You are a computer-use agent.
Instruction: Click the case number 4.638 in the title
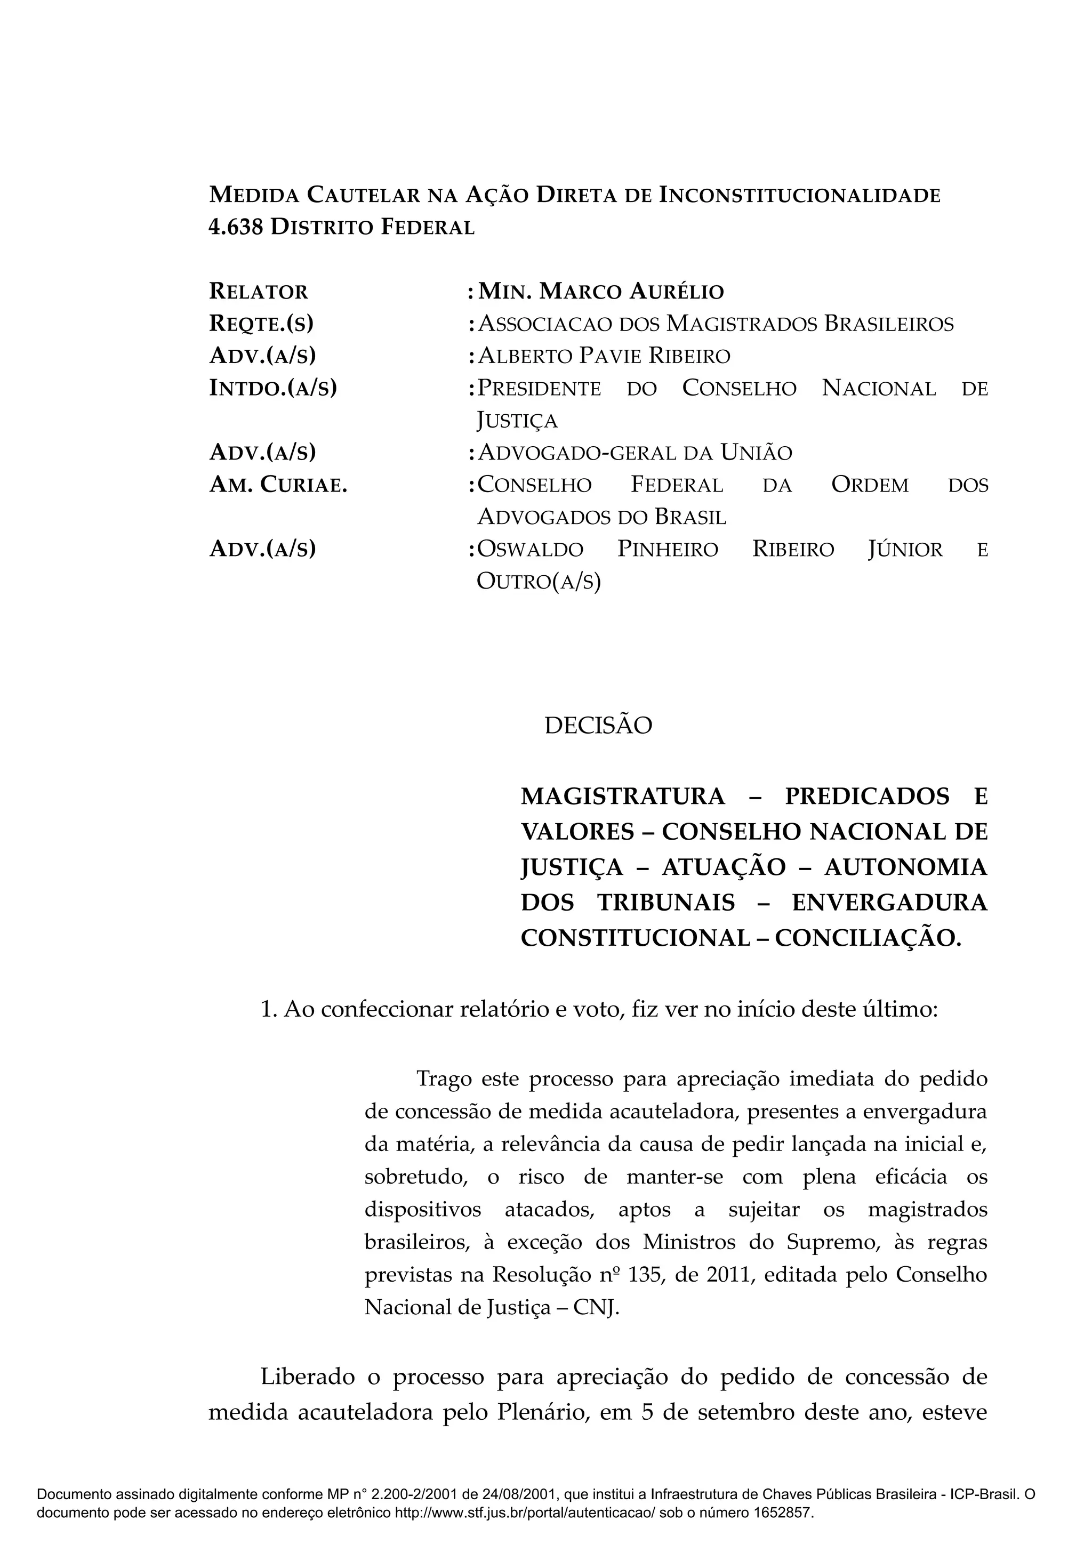pyautogui.click(x=236, y=228)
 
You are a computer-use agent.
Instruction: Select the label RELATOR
pyautogui.click(x=259, y=292)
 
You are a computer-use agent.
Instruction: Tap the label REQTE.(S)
pyautogui.click(x=261, y=324)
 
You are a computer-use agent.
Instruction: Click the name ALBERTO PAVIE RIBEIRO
pyautogui.click(x=604, y=356)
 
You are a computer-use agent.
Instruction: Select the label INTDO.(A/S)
pyautogui.click(x=272, y=388)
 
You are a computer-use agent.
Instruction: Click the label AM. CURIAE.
pyautogui.click(x=278, y=485)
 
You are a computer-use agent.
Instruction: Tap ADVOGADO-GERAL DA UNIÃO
pyautogui.click(x=635, y=453)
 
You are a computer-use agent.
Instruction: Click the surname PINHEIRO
pyautogui.click(x=668, y=550)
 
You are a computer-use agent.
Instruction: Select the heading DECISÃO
pyautogui.click(x=598, y=726)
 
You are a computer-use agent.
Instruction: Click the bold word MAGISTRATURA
pyautogui.click(x=622, y=796)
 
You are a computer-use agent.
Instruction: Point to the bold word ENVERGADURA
pyautogui.click(x=889, y=903)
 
